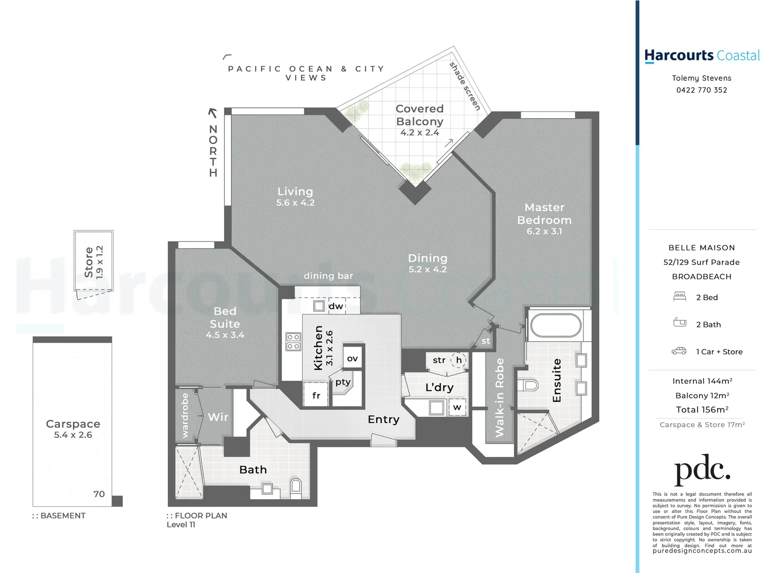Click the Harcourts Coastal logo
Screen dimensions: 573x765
point(701,56)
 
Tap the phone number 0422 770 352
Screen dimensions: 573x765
point(701,90)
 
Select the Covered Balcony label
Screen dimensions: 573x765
point(419,115)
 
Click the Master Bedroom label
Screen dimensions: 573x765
point(544,214)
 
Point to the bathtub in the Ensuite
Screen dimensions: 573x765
point(555,325)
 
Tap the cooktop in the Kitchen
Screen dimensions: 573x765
point(293,342)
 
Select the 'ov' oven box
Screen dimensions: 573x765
point(353,359)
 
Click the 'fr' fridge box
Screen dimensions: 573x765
point(316,395)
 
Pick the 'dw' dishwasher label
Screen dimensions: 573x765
point(336,306)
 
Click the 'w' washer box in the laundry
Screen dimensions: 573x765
point(457,407)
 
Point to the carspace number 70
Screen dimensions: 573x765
point(99,494)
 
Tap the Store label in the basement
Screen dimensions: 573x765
point(89,262)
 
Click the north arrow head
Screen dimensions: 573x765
point(212,112)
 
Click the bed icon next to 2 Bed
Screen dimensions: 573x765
point(680,297)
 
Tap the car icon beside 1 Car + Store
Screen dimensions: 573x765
point(679,351)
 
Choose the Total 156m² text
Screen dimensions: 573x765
point(702,410)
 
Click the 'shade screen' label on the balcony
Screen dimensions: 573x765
point(465,86)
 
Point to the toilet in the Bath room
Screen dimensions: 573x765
point(296,486)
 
